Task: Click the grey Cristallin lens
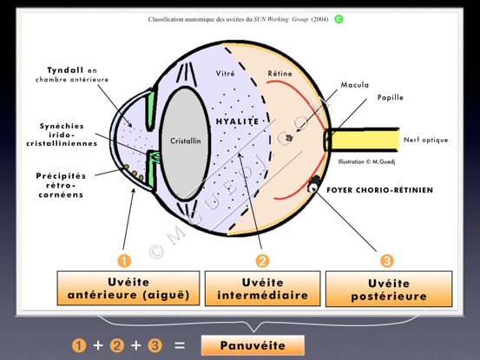(185, 144)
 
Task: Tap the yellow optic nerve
(363, 140)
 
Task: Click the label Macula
(355, 85)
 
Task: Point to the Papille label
(391, 97)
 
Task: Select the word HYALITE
(238, 121)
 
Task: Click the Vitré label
(226, 74)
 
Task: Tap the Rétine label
(279, 74)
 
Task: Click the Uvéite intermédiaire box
(263, 288)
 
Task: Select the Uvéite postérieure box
(389, 289)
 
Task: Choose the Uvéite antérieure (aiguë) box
(128, 288)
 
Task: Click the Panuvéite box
(253, 345)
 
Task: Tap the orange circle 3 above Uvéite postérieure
(387, 261)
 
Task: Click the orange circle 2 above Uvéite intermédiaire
(262, 261)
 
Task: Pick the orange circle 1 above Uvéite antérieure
(124, 261)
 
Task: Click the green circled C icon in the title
(339, 19)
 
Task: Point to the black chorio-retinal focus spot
(312, 184)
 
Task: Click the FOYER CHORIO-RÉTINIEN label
(380, 190)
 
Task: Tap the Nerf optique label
(426, 140)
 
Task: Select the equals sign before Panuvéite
(180, 345)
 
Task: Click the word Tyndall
(65, 70)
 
